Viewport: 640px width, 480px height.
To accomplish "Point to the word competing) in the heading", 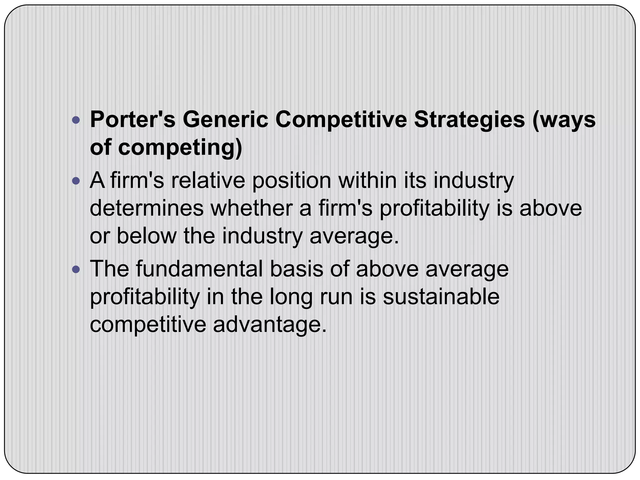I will click(x=180, y=147).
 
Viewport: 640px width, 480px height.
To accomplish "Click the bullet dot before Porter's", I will click(x=76, y=120).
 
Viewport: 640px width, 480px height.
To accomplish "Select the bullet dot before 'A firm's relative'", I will click(x=76, y=181).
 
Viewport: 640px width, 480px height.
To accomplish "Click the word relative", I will click(x=208, y=181).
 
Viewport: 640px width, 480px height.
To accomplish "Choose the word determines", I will click(x=147, y=208).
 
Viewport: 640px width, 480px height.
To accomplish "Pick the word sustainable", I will click(x=441, y=297).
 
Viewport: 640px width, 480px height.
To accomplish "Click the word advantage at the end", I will click(x=267, y=325).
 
